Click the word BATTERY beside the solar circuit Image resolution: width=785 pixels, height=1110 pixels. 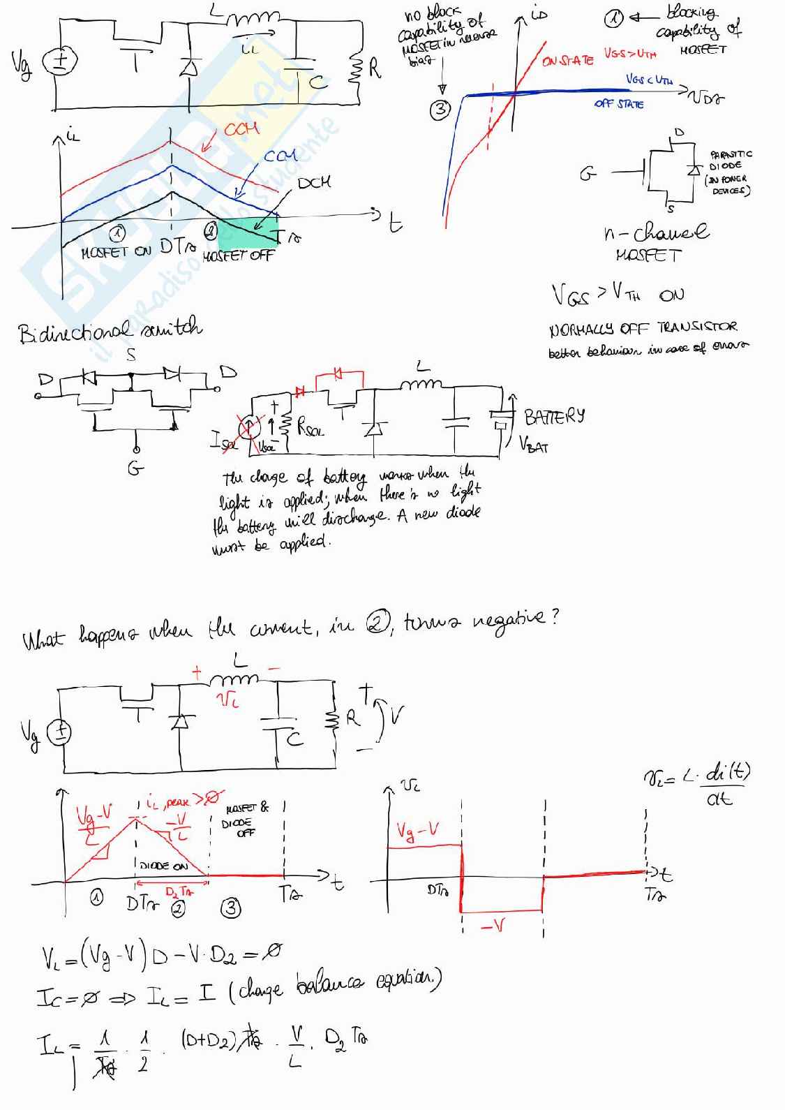[554, 417]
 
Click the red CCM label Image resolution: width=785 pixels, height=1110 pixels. [241, 129]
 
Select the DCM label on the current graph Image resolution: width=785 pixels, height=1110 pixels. [314, 183]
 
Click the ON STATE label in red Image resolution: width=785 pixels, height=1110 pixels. [567, 61]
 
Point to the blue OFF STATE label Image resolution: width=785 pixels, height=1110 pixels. [619, 104]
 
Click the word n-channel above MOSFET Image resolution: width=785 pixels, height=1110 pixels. [655, 232]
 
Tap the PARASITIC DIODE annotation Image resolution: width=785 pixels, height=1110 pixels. [730, 160]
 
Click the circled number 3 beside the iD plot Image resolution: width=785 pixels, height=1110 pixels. [440, 110]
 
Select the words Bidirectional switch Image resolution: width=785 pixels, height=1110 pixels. [110, 330]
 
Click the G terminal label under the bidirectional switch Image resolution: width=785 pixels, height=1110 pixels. [135, 468]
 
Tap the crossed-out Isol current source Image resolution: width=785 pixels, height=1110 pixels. [249, 426]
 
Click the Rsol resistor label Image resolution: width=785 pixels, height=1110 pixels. [311, 428]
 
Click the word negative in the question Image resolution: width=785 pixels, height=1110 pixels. [512, 619]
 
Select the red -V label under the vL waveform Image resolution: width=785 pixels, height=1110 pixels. [493, 926]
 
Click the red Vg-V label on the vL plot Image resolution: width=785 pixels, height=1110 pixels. [417, 830]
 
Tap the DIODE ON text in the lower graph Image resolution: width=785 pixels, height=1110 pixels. [164, 866]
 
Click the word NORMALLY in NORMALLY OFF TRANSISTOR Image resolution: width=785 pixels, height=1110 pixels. [581, 328]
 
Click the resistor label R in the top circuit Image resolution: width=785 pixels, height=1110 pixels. [375, 68]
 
